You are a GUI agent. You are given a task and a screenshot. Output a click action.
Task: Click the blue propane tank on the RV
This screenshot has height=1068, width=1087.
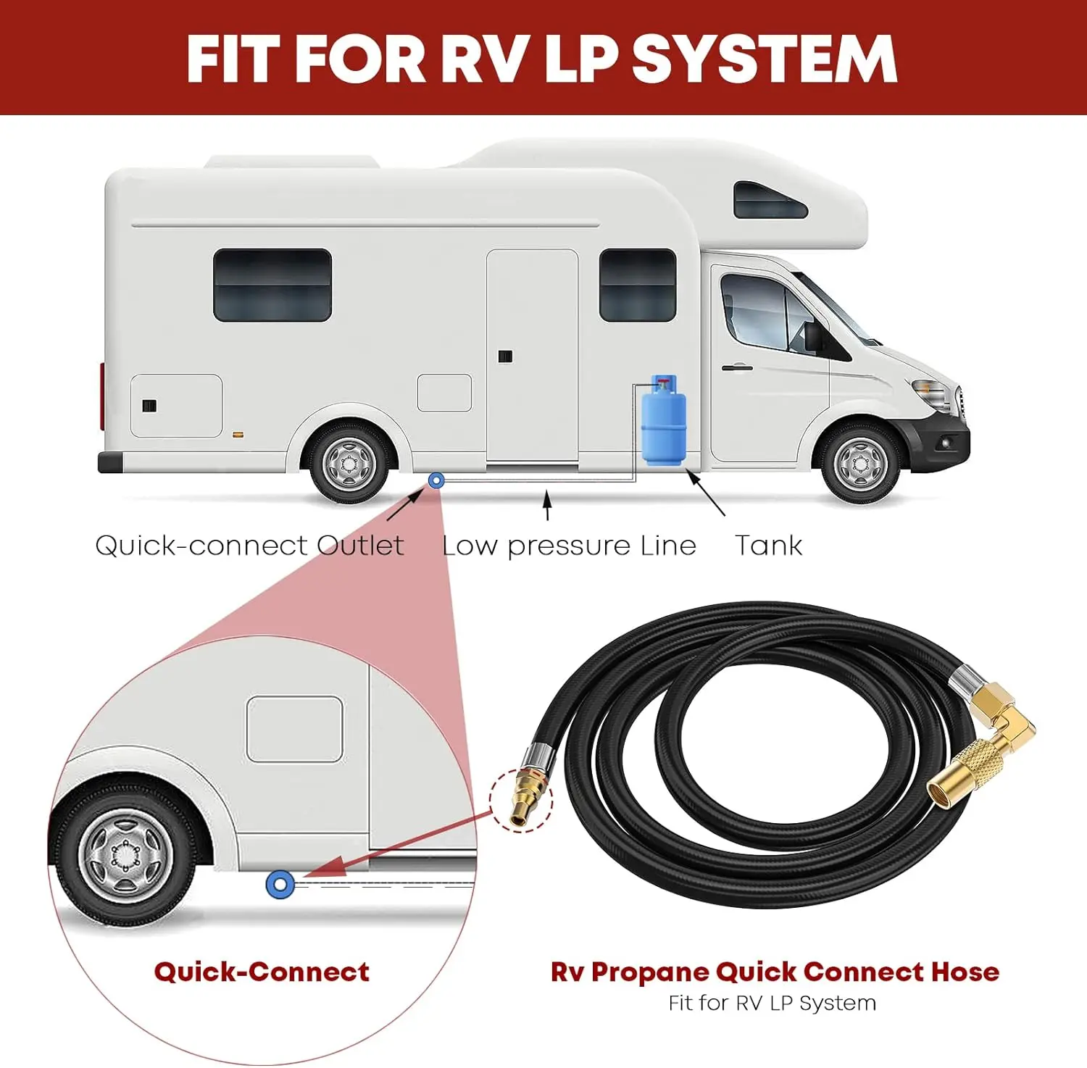pyautogui.click(x=663, y=422)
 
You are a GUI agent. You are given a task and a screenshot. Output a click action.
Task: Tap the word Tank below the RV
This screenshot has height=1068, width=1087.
pyautogui.click(x=768, y=545)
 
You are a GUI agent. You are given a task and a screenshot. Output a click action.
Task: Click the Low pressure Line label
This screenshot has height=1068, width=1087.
pyautogui.click(x=569, y=545)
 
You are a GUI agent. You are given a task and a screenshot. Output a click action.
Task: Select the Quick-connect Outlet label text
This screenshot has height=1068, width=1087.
pyautogui.click(x=249, y=545)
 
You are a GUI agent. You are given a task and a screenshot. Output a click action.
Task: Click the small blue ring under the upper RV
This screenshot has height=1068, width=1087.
pyautogui.click(x=436, y=480)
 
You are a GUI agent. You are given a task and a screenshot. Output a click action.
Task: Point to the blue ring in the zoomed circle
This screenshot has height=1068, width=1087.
pyautogui.click(x=280, y=884)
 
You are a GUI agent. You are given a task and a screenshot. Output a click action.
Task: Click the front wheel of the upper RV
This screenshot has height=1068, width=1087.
pyautogui.click(x=860, y=463)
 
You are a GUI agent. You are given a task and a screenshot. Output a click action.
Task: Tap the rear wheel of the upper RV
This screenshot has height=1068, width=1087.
pyautogui.click(x=349, y=463)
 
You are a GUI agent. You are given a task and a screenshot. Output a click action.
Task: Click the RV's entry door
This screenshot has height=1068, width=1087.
pyautogui.click(x=533, y=355)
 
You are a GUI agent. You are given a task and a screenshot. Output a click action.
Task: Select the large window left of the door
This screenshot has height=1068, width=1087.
pyautogui.click(x=272, y=285)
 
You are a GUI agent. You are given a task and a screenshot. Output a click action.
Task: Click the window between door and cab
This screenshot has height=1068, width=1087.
pyautogui.click(x=638, y=285)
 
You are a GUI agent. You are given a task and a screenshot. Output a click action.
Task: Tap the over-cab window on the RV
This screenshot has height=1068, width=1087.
pyautogui.click(x=770, y=201)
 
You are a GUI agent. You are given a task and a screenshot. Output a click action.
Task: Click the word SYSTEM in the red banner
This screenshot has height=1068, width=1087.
pyautogui.click(x=765, y=59)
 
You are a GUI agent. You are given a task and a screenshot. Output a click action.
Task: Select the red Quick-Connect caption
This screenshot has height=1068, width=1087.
pyautogui.click(x=262, y=972)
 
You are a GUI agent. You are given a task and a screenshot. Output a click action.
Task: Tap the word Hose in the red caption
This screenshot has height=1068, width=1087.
pyautogui.click(x=965, y=972)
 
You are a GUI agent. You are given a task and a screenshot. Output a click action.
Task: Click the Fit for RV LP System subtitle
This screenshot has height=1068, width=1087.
pyautogui.click(x=772, y=1003)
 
